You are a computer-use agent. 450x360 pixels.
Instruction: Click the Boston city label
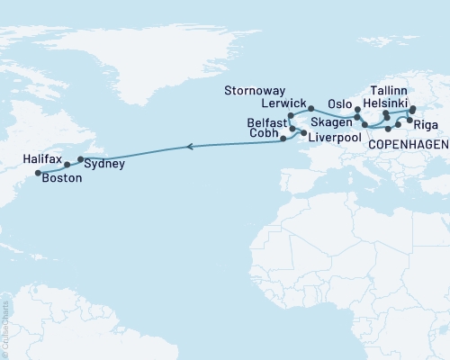pyautogui.click(x=60, y=178)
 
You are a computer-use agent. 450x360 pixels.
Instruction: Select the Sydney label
pyautogui.click(x=104, y=165)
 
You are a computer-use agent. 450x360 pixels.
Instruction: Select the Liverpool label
pyautogui.click(x=334, y=140)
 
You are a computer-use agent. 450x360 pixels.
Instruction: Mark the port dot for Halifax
pyautogui.click(x=67, y=165)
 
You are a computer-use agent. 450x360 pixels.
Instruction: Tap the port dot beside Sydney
pyautogui.click(x=80, y=159)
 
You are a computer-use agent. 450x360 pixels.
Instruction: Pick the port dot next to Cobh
pyautogui.click(x=283, y=139)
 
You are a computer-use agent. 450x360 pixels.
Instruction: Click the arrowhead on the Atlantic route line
pyautogui.click(x=189, y=145)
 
